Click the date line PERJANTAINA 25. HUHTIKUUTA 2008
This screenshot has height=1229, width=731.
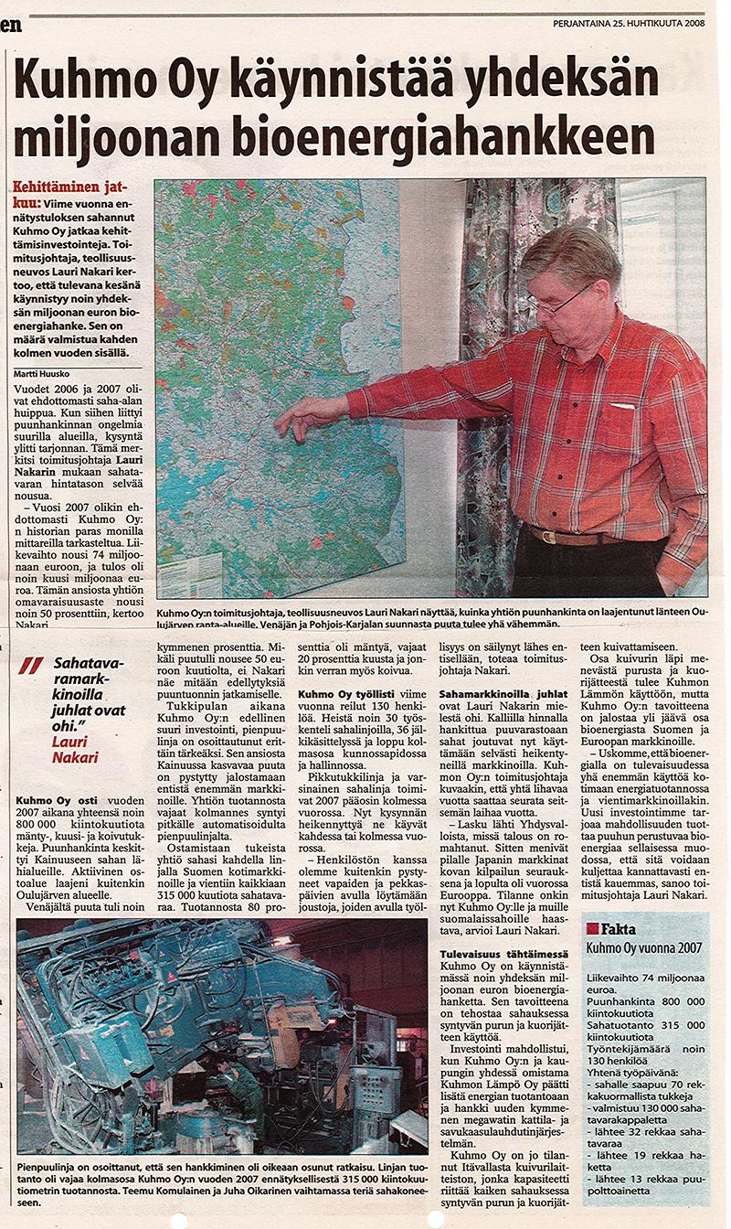[629, 25]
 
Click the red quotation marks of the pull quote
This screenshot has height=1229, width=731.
[30, 666]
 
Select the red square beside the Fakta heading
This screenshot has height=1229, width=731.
[592, 928]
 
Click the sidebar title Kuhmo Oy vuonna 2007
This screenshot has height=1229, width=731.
[643, 948]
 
